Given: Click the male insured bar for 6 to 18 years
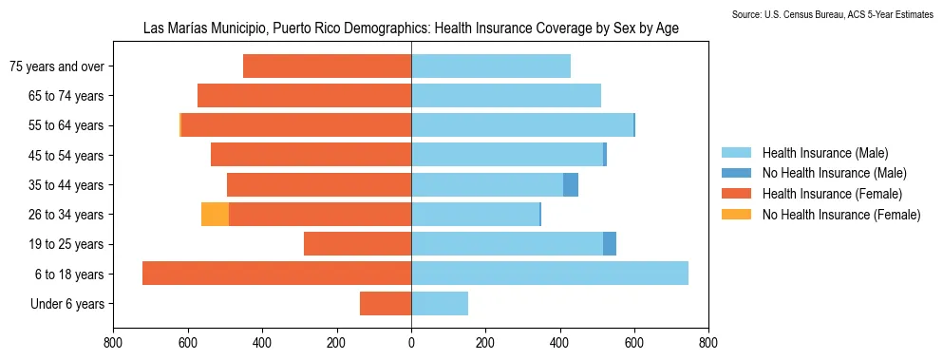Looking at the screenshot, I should point(550,274).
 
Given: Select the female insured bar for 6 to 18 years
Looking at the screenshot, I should point(276,274).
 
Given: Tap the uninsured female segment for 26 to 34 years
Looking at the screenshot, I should point(215,215).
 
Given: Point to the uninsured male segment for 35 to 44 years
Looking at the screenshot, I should point(571,184).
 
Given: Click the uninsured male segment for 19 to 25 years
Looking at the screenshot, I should point(610,244).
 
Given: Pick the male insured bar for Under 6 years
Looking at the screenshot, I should point(440,303).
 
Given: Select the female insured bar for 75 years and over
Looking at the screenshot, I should point(327,66).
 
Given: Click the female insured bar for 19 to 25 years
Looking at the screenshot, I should point(357,244).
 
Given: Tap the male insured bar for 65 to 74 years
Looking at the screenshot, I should point(506,95).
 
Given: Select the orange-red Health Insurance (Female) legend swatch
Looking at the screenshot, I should point(736,194).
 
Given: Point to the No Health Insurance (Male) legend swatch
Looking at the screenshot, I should point(736,173).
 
